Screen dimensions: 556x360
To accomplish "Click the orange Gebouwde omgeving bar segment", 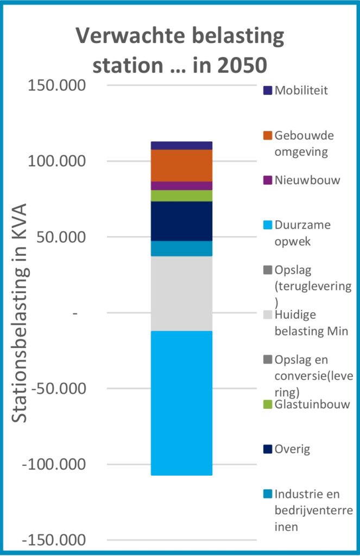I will (181, 166).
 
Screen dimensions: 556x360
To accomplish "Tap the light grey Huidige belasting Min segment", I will (181, 293).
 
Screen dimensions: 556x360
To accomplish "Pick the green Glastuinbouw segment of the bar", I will (181, 195).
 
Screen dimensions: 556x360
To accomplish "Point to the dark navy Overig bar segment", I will (181, 221).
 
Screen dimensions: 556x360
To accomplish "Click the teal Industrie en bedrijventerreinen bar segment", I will (181, 248).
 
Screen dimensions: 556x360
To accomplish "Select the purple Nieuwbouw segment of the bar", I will (181, 186).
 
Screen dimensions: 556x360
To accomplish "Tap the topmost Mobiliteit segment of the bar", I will (181, 145).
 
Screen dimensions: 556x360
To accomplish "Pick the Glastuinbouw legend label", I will (312, 404).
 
